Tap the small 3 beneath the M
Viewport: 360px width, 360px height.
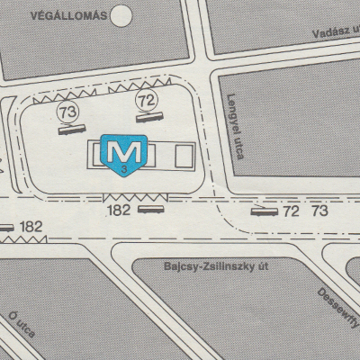click(121, 169)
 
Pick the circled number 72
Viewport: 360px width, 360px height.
click(145, 96)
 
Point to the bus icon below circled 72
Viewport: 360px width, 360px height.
click(147, 115)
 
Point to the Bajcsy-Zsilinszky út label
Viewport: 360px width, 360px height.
click(219, 265)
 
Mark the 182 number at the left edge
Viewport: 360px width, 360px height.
click(31, 226)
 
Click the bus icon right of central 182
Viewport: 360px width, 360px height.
click(148, 209)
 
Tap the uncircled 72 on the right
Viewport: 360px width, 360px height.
click(291, 211)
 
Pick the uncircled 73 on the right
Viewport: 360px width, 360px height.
click(319, 211)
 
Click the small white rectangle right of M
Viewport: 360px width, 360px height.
click(184, 157)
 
